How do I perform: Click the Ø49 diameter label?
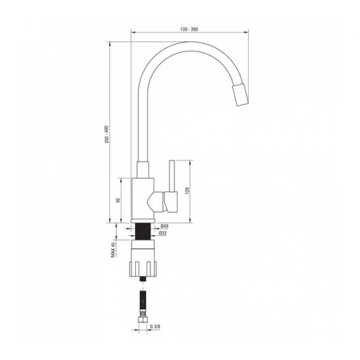164,226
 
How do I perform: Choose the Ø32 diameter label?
164,233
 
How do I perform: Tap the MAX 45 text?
113,250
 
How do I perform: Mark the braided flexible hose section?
143,305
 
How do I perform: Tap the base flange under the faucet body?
143,221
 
